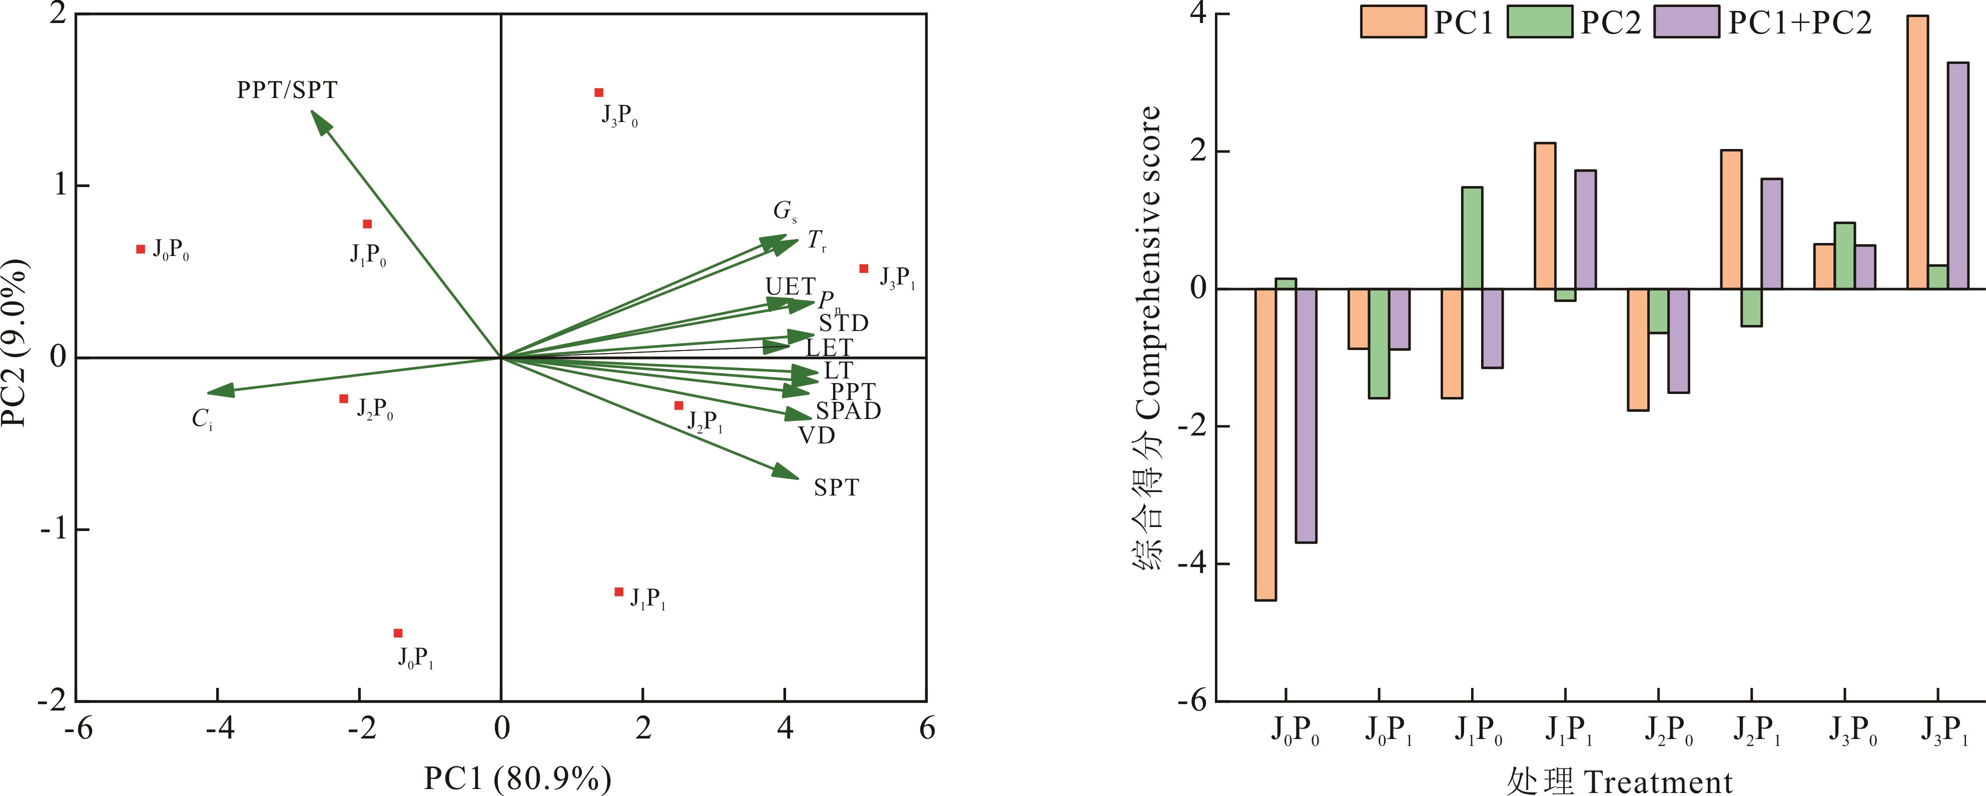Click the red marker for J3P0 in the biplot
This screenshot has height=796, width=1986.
(x=599, y=92)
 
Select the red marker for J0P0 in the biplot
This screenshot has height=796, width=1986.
(x=140, y=249)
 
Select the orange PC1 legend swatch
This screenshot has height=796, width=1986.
(x=1393, y=21)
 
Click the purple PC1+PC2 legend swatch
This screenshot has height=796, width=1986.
(x=1687, y=21)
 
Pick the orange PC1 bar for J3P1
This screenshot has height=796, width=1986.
(x=1916, y=152)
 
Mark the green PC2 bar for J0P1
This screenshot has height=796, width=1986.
(x=1379, y=343)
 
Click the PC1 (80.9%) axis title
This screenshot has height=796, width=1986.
(x=517, y=779)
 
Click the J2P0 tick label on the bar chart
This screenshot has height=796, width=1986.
(x=1670, y=731)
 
